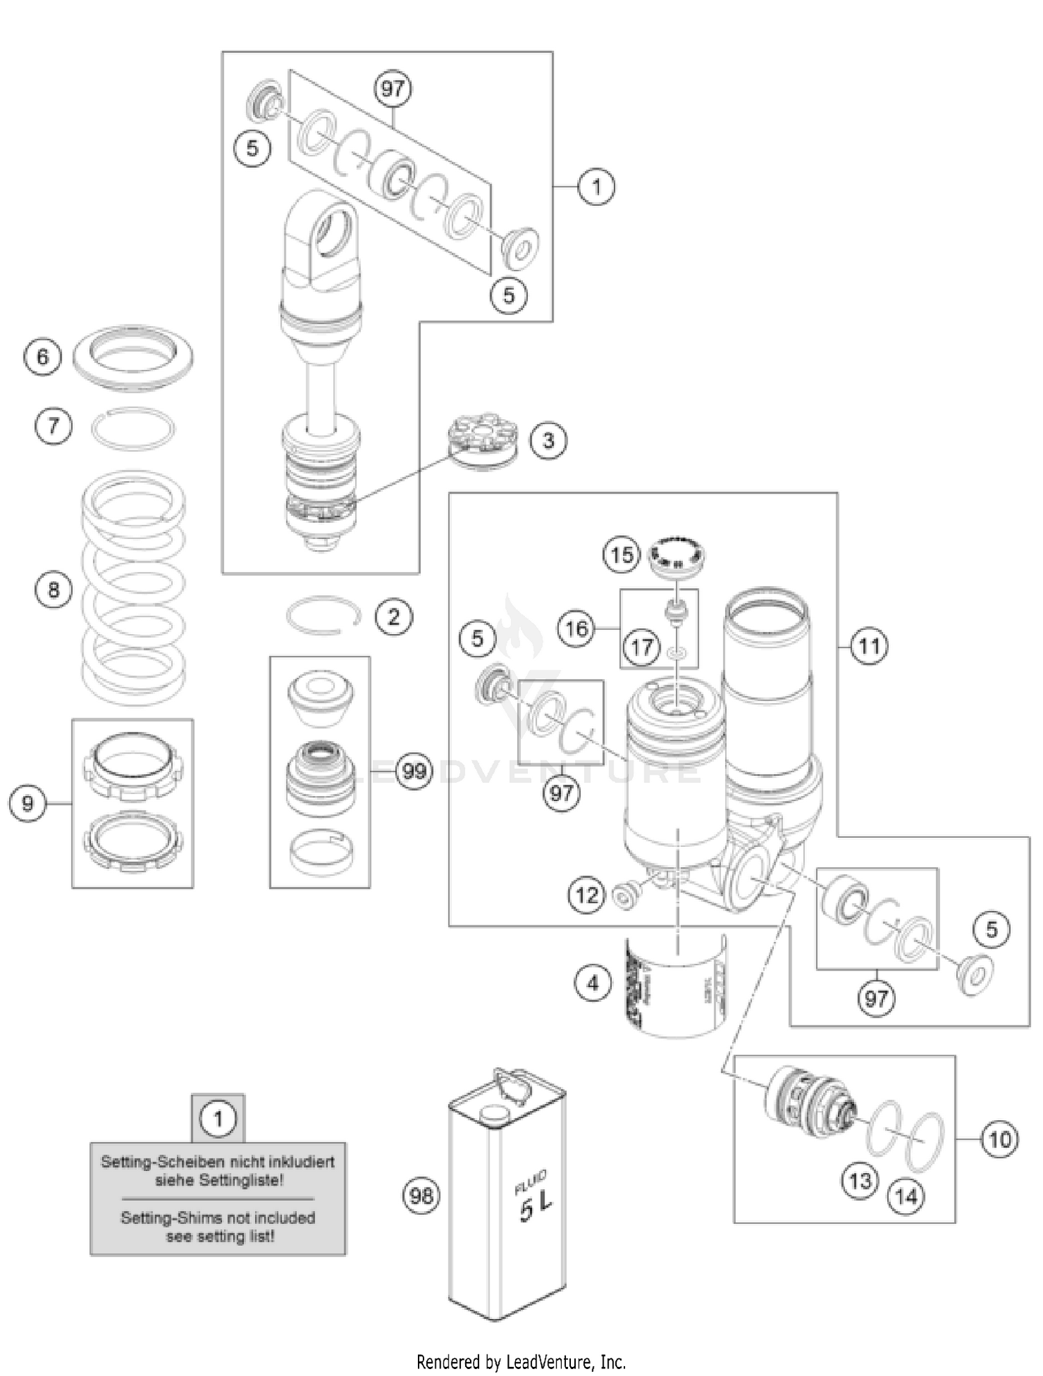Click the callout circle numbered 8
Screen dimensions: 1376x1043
pos(54,590)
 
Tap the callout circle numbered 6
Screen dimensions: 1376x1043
pos(42,357)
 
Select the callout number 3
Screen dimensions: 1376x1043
pos(549,440)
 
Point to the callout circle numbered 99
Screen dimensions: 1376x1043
pos(414,771)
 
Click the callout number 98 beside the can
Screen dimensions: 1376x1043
pos(422,1196)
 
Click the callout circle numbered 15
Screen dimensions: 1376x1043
pos(622,555)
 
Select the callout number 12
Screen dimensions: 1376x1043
pos(587,894)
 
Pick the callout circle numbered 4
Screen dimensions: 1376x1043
pos(592,983)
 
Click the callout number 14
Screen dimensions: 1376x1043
pos(906,1197)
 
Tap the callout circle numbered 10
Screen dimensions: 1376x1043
pos(999,1140)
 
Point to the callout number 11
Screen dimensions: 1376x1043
pos(869,647)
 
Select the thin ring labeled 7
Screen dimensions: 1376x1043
pos(134,429)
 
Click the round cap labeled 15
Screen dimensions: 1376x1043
pos(676,554)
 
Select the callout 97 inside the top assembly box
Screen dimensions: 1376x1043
pos(393,88)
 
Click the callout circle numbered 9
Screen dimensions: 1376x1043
pos(27,804)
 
